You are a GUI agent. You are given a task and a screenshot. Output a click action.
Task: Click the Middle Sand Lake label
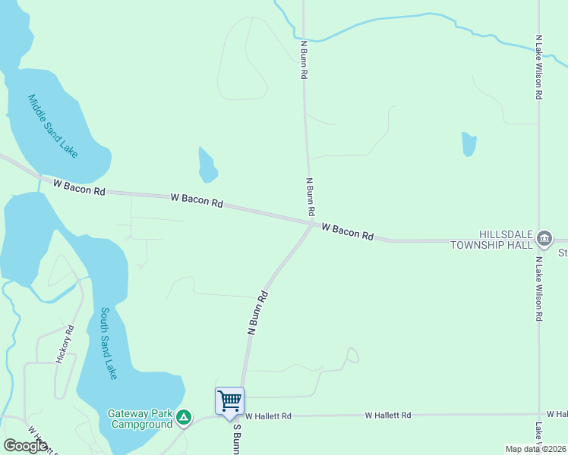(52, 126)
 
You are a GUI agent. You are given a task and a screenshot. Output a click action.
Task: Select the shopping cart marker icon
(229, 400)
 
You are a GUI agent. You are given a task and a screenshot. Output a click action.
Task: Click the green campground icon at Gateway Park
(184, 417)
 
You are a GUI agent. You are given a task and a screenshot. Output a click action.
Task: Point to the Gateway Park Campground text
(140, 419)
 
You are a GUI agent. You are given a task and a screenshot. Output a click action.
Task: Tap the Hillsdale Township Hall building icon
(544, 239)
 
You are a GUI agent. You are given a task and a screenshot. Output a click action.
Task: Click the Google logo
(25, 446)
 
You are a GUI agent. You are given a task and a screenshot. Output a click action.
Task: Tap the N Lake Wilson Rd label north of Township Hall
(539, 67)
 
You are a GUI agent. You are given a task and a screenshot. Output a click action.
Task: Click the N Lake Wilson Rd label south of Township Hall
(539, 288)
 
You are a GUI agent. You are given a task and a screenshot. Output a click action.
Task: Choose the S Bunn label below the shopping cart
(236, 438)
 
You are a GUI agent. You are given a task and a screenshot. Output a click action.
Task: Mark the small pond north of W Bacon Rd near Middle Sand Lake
(207, 165)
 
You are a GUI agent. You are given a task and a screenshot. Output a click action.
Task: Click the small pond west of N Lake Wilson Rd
(469, 143)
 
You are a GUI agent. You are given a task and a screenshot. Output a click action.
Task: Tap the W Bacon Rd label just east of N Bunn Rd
(347, 231)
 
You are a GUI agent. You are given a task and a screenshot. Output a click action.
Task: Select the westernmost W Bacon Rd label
(79, 187)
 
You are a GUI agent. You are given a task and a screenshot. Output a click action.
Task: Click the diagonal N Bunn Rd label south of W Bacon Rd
(259, 312)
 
